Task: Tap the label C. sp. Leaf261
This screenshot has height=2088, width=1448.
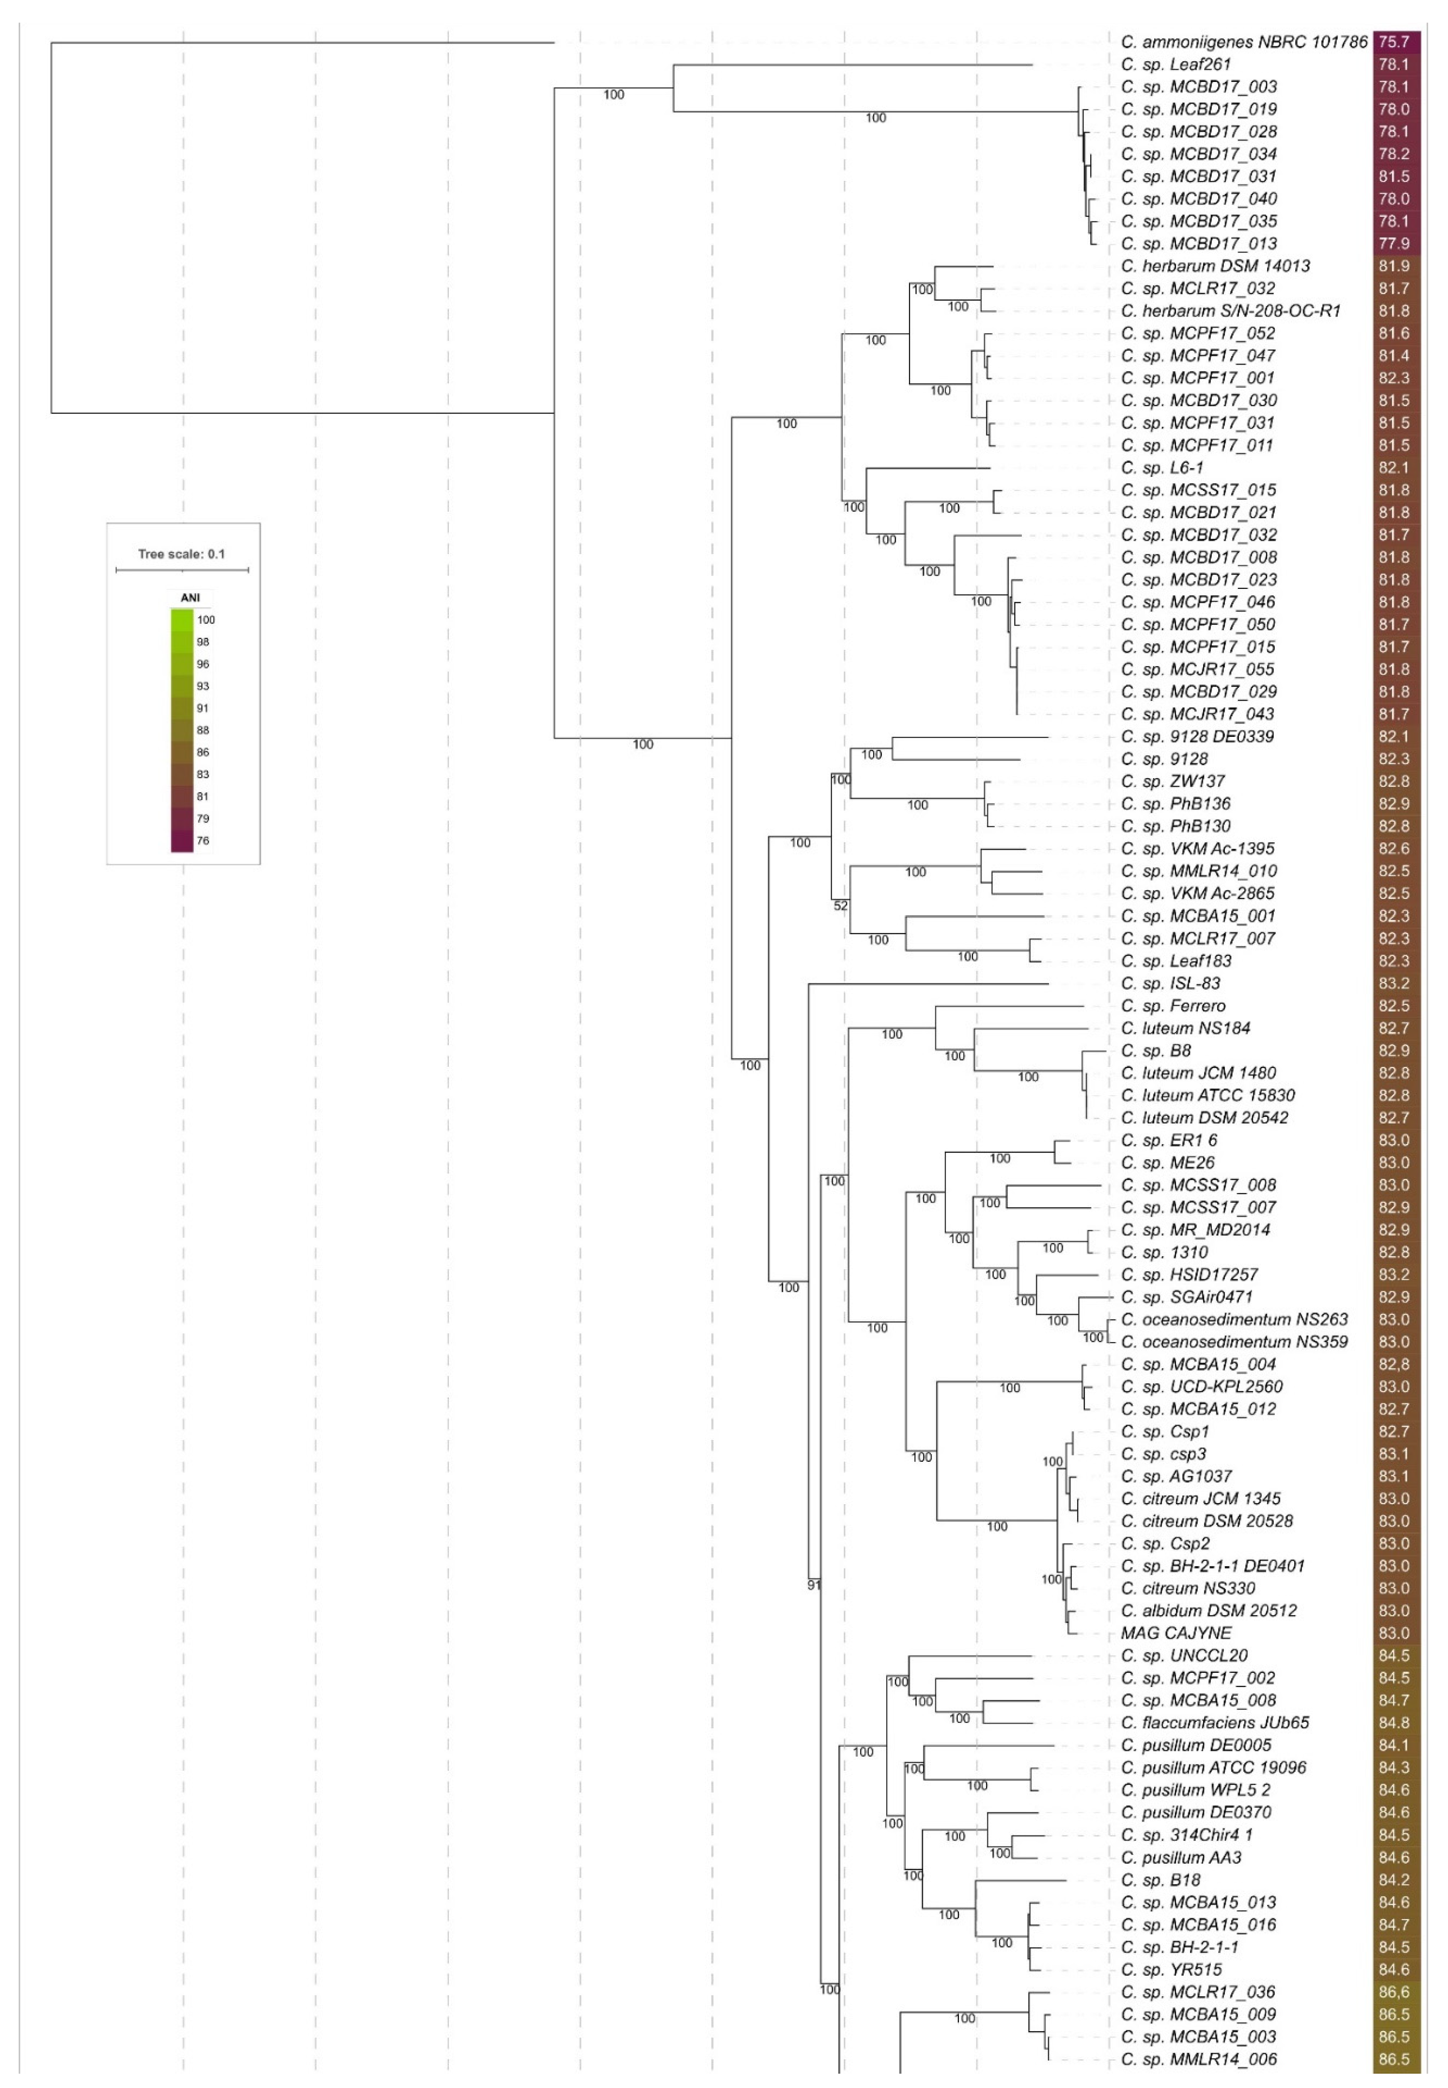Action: [x=1176, y=64]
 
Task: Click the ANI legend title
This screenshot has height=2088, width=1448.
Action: [x=190, y=598]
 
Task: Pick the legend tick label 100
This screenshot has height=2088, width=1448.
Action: [x=206, y=620]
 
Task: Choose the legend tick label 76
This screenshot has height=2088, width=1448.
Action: [x=203, y=840]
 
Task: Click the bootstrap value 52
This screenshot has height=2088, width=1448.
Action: [x=841, y=905]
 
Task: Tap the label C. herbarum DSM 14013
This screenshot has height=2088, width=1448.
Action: [x=1215, y=266]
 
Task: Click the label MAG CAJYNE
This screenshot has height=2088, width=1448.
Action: [x=1176, y=1632]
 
